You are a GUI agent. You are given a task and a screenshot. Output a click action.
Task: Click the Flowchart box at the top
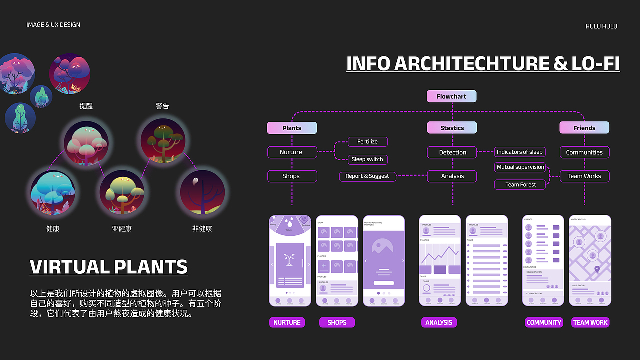(x=451, y=96)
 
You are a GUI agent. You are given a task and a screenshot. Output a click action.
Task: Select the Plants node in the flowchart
(x=292, y=128)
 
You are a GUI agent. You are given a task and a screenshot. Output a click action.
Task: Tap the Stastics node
(x=452, y=128)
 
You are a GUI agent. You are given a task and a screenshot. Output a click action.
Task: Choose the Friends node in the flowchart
(x=584, y=128)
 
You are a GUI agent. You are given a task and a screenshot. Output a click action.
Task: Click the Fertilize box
(x=367, y=142)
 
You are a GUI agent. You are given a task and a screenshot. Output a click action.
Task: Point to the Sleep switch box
(x=367, y=159)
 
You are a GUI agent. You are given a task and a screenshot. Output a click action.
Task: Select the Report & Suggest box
(x=367, y=176)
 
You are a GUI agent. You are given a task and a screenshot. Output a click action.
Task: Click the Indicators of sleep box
(x=519, y=152)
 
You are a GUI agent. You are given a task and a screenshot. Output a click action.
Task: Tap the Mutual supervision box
(x=520, y=167)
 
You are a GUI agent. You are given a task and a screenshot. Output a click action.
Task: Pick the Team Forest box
(x=520, y=184)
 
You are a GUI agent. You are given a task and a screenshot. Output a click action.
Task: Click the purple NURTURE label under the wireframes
(x=287, y=322)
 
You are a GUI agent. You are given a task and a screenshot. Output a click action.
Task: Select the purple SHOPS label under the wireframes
(x=337, y=322)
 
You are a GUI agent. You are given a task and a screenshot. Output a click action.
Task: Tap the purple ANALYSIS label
(x=439, y=322)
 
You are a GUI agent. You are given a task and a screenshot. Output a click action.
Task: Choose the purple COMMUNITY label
(x=544, y=322)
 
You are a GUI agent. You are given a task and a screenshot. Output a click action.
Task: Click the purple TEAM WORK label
(x=590, y=322)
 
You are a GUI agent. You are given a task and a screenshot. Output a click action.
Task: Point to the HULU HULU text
(x=601, y=26)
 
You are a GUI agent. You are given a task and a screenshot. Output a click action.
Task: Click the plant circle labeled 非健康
(x=202, y=192)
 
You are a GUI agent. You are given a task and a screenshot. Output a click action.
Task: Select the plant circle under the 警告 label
(x=163, y=140)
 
